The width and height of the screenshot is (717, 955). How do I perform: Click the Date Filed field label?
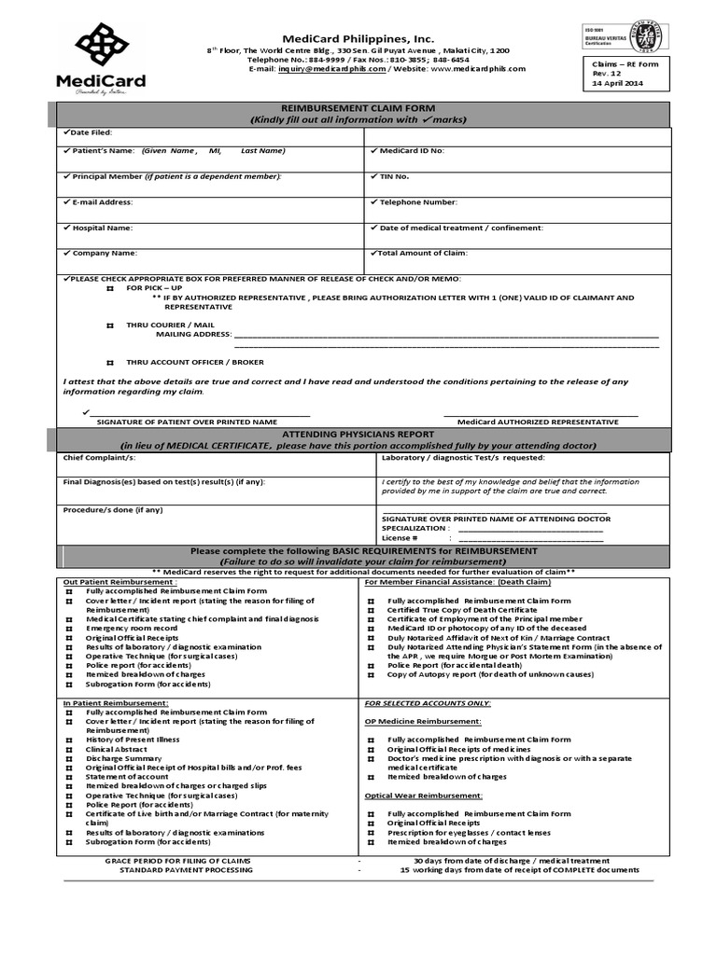tap(91, 133)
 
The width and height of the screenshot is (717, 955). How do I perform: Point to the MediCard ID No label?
tap(412, 150)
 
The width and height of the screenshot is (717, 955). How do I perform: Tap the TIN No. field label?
tap(394, 175)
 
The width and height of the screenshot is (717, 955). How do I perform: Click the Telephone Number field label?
tap(417, 201)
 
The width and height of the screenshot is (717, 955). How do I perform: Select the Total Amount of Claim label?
tap(422, 253)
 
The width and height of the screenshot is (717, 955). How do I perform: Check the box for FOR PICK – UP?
tap(109, 289)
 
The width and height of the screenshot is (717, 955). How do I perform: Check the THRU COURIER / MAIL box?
tap(109, 325)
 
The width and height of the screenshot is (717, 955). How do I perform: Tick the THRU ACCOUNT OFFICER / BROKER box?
tap(109, 362)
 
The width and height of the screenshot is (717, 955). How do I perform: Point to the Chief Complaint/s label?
tap(99, 458)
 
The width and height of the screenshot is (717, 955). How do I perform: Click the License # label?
tap(400, 538)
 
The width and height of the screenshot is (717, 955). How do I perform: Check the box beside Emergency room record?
tap(69, 629)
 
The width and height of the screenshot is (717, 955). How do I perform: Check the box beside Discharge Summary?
tap(69, 758)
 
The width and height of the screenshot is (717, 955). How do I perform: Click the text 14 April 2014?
tap(618, 83)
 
